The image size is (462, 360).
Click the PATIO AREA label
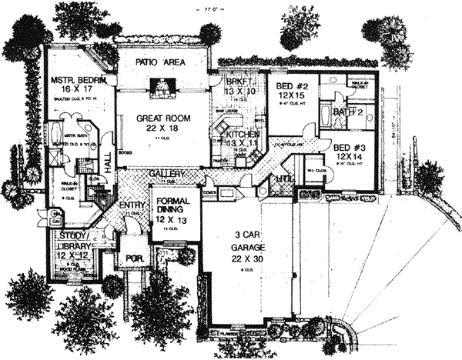pyautogui.click(x=162, y=61)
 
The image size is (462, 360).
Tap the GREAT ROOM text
pyautogui.click(x=162, y=118)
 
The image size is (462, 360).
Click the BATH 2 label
pyautogui.click(x=348, y=113)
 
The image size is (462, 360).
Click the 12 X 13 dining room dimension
pyautogui.click(x=169, y=222)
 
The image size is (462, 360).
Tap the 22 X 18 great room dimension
pyautogui.click(x=162, y=130)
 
